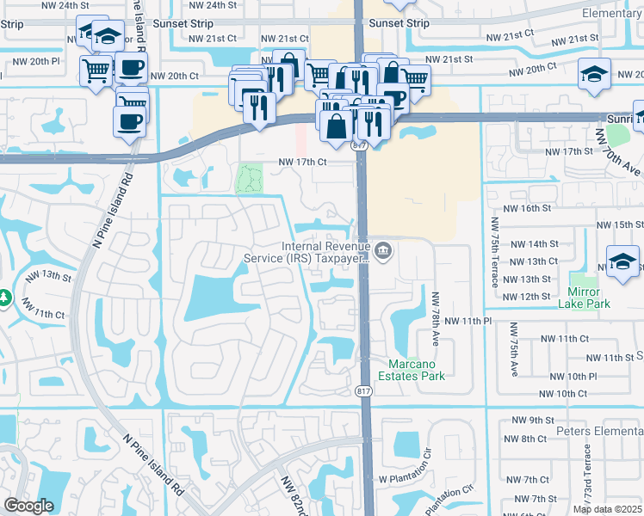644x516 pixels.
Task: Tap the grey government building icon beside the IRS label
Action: (384, 251)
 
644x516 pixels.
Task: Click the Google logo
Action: (29, 505)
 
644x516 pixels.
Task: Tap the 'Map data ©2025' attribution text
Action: (608, 509)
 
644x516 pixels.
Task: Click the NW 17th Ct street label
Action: (302, 162)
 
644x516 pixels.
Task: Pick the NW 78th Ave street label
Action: (436, 318)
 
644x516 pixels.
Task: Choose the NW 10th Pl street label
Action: (569, 377)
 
